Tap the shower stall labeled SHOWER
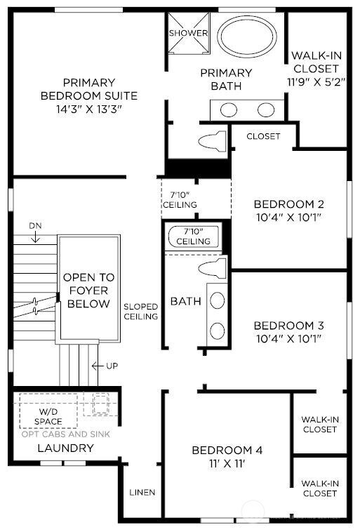coord(188,34)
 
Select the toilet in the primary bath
coord(213,141)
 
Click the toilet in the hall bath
coord(212,268)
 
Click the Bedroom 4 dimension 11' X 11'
coord(227,464)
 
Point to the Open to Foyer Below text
coord(88,291)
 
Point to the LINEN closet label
coord(142,492)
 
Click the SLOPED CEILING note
coord(140,311)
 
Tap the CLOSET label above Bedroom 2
coord(263,136)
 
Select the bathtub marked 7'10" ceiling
coord(193,237)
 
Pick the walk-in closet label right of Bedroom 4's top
coord(319,424)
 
